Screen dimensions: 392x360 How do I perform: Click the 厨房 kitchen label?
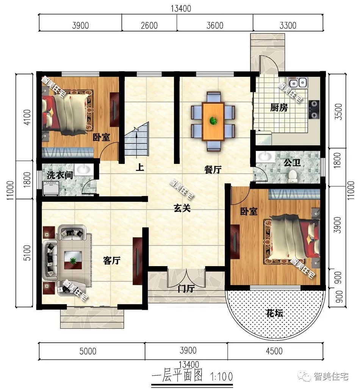[x=279, y=108]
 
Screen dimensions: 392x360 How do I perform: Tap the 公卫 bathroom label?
[x=292, y=163]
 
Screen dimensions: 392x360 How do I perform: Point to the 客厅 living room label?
[x=111, y=260]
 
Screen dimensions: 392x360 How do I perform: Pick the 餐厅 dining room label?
[x=213, y=170]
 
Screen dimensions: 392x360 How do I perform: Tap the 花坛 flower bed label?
[x=275, y=313]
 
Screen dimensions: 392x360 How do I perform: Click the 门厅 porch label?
[x=186, y=289]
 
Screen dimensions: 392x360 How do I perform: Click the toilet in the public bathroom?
[x=292, y=176]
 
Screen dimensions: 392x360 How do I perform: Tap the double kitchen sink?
[x=297, y=82]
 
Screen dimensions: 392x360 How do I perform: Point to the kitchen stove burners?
[x=314, y=108]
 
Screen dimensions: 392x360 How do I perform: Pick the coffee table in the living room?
[x=72, y=260]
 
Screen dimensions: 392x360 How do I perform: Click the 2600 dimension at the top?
[x=149, y=25]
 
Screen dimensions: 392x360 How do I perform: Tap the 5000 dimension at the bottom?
[x=89, y=351]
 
